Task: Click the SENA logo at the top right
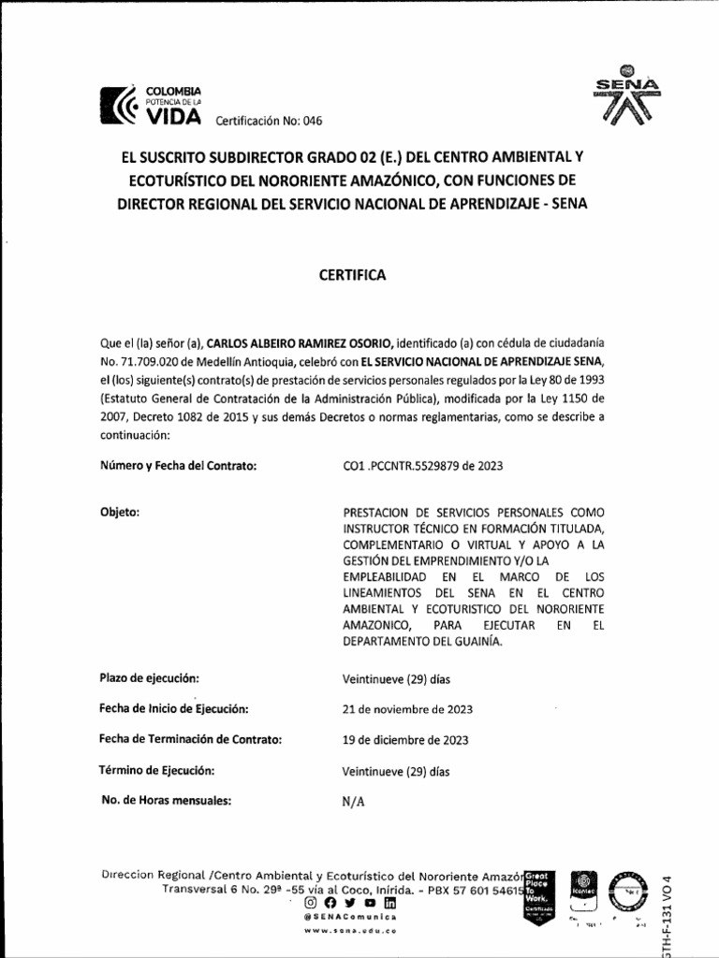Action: tap(626, 97)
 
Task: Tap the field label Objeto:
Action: tap(119, 512)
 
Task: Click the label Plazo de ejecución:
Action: tap(149, 677)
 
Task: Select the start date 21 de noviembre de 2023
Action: tap(406, 709)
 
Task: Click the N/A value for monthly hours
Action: tap(354, 802)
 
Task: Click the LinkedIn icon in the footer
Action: tap(389, 903)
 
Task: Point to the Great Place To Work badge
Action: tap(540, 893)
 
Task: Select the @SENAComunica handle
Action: tap(350, 919)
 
